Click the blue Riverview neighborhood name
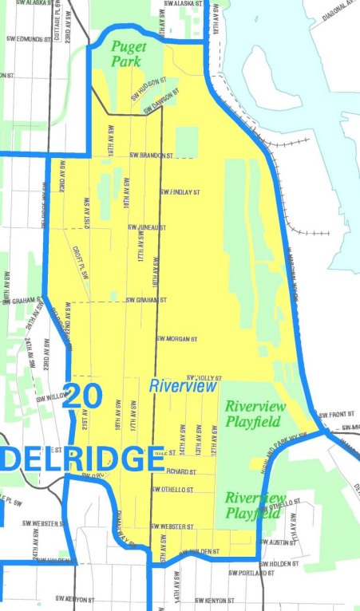click(183, 386)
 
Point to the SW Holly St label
click(202, 377)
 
